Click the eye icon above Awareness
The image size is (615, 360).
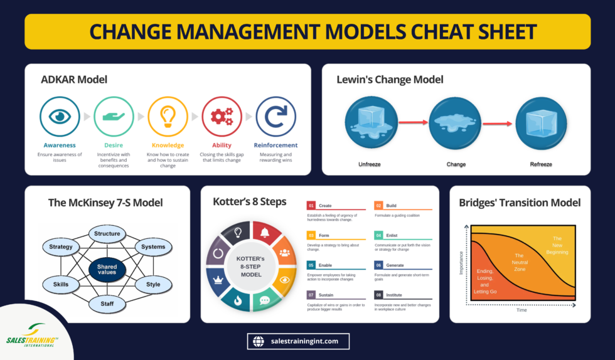pyautogui.click(x=60, y=117)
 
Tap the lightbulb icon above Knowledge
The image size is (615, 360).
pyautogui.click(x=168, y=117)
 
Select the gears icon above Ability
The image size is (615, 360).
pyautogui.click(x=222, y=117)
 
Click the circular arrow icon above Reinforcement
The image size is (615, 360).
pyautogui.click(x=276, y=117)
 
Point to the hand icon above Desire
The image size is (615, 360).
pyautogui.click(x=114, y=117)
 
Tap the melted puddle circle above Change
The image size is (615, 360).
pyautogui.click(x=456, y=124)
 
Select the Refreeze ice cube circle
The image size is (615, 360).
pyautogui.click(x=542, y=124)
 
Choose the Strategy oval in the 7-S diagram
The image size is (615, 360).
pyautogui.click(x=61, y=247)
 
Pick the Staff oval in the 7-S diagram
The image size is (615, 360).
pyautogui.click(x=107, y=304)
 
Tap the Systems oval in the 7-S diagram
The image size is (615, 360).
pyautogui.click(x=153, y=247)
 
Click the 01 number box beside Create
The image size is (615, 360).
pyautogui.click(x=311, y=205)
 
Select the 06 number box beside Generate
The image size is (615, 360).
pyautogui.click(x=378, y=265)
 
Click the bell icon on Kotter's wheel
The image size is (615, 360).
pyautogui.click(x=264, y=233)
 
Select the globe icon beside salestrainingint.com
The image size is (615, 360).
pyautogui.click(x=258, y=341)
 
